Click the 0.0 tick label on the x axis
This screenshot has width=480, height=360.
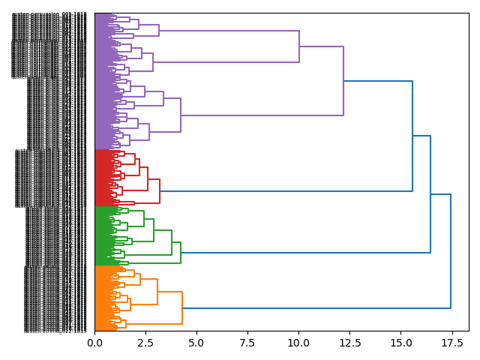click(x=94, y=343)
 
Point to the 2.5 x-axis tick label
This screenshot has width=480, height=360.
click(x=145, y=343)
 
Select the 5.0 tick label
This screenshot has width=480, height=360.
click(x=196, y=343)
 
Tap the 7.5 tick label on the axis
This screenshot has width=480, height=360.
click(x=247, y=343)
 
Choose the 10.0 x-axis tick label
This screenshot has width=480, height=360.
click(x=298, y=343)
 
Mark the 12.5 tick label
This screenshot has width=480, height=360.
click(x=349, y=343)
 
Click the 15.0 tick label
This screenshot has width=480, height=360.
click(x=400, y=343)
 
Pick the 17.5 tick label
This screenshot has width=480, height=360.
click(x=451, y=343)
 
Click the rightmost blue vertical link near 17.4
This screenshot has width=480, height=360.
click(x=451, y=251)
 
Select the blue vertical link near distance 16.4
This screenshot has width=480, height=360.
click(x=430, y=194)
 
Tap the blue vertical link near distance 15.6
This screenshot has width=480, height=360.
click(x=412, y=136)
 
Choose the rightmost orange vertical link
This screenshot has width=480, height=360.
click(x=182, y=307)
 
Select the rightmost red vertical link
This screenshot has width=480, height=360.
click(x=160, y=191)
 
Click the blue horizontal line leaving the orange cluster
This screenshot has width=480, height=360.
click(x=315, y=308)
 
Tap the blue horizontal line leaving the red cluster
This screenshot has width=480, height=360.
click(x=285, y=191)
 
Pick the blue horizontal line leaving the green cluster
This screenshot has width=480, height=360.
click(x=304, y=253)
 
